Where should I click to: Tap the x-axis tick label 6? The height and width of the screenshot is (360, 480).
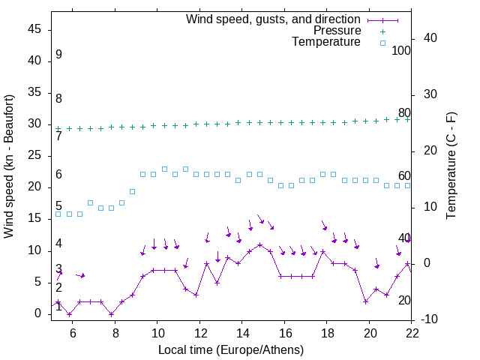click(73, 333)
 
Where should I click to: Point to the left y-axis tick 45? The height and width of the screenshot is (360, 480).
click(34, 29)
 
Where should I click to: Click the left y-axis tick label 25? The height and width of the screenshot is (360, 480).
click(34, 155)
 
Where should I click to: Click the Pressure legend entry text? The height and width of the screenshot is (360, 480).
click(337, 31)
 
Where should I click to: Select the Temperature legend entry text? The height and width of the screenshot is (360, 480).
click(326, 42)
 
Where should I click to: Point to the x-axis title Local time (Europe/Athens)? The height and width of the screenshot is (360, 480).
click(231, 349)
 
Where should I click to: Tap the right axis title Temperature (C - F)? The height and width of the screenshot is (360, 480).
click(451, 166)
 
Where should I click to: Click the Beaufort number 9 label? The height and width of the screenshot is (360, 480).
click(58, 55)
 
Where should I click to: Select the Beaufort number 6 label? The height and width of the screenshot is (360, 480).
click(58, 175)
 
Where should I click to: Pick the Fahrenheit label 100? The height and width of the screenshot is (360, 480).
click(401, 50)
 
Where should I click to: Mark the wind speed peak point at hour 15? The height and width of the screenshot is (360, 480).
click(259, 244)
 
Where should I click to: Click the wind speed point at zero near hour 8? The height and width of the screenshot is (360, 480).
click(111, 313)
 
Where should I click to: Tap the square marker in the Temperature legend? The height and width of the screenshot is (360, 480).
click(382, 43)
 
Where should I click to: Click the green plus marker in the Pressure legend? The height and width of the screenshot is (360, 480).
click(382, 31)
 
